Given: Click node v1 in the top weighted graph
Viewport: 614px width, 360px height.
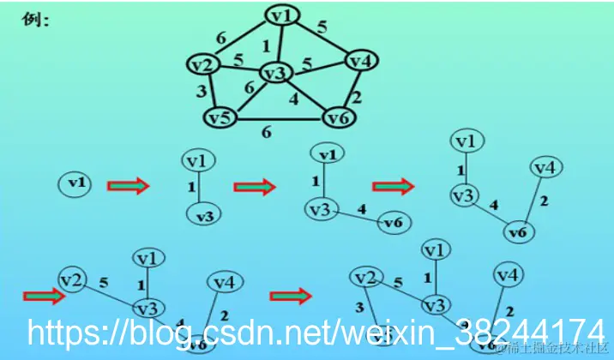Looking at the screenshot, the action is coord(281,15).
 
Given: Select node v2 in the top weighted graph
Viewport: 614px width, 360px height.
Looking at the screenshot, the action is coord(202,65).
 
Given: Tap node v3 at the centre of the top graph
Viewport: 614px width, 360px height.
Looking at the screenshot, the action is coord(274,74).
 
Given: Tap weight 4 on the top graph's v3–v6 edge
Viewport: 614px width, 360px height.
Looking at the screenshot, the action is coord(294,99).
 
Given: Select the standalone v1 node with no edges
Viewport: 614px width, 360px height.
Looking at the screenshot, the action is coord(77,183).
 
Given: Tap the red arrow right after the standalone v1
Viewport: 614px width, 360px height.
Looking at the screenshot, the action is coord(129,184).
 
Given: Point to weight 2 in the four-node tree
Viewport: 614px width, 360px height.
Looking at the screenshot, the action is coord(544,202).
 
